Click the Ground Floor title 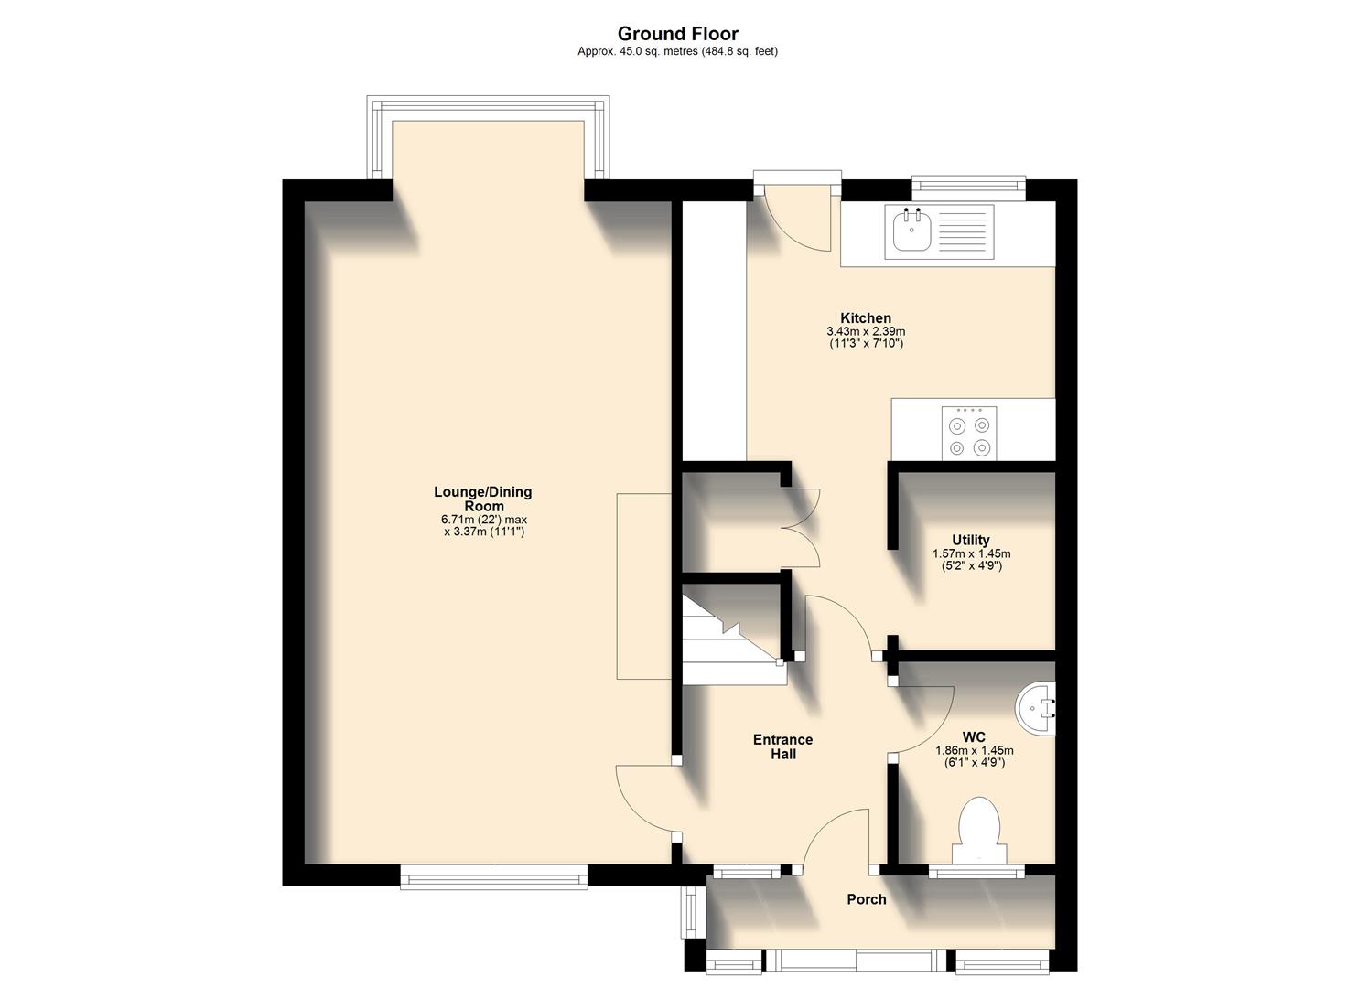coord(678,34)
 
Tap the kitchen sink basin coord(911,231)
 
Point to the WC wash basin coord(1038,706)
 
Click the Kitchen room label coord(866,318)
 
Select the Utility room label coord(970,540)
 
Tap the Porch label coord(866,899)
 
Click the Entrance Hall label coord(782,746)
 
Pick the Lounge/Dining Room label coord(482,499)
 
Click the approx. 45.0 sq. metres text coord(677,52)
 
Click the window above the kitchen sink coord(968,187)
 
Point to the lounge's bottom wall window coord(493,878)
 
